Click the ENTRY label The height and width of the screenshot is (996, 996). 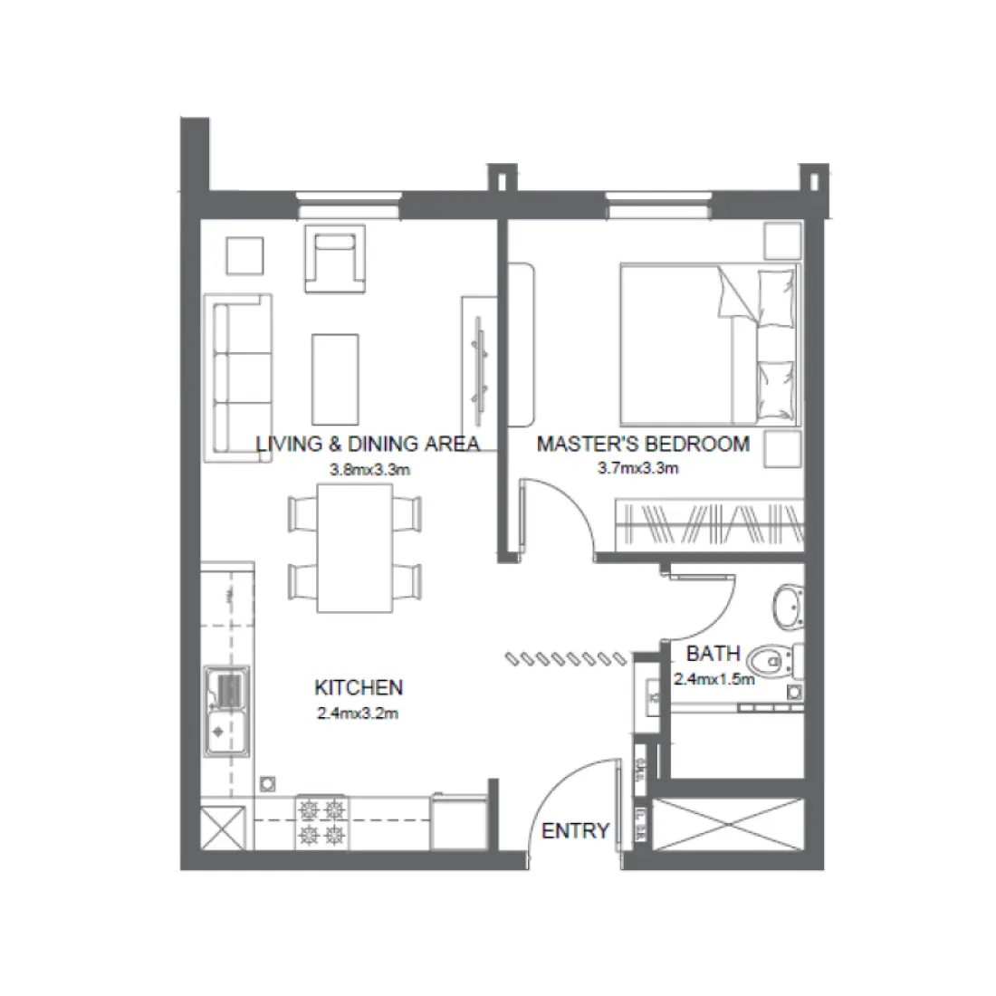tap(575, 830)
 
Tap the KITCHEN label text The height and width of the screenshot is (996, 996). tap(359, 687)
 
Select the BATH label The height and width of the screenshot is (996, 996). tap(713, 653)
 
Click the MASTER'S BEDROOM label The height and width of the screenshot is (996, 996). tap(643, 444)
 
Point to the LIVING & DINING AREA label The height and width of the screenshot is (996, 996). tap(367, 444)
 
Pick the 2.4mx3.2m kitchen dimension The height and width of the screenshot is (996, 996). tap(359, 713)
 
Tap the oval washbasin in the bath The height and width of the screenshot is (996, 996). tap(787, 605)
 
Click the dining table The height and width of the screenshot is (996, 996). tap(354, 548)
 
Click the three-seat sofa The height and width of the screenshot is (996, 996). tap(237, 378)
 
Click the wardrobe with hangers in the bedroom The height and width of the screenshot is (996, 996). tap(710, 525)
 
